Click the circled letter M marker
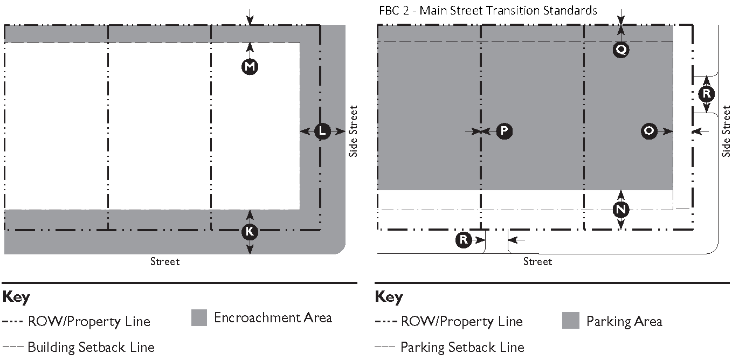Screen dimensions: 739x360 click(250, 66)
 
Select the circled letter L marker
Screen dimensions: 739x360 click(322, 131)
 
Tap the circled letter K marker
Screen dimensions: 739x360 click(250, 232)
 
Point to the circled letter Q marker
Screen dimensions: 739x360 click(621, 50)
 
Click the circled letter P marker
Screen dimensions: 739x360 click(504, 131)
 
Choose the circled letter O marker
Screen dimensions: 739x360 click(650, 131)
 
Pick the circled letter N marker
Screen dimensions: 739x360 click(621, 209)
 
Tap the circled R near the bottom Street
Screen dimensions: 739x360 click(464, 240)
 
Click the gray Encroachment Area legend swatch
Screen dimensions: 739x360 click(199, 318)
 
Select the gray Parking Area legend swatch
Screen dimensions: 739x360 click(571, 321)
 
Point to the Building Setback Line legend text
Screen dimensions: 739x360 click(91, 347)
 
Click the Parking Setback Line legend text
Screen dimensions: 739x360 click(462, 347)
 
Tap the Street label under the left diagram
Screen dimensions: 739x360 click(165, 262)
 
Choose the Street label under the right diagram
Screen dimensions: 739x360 click(537, 262)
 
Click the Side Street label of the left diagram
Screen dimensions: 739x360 click(353, 131)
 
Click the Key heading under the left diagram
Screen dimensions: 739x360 click(16, 297)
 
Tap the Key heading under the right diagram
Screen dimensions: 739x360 click(389, 297)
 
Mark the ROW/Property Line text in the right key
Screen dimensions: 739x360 click(462, 322)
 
